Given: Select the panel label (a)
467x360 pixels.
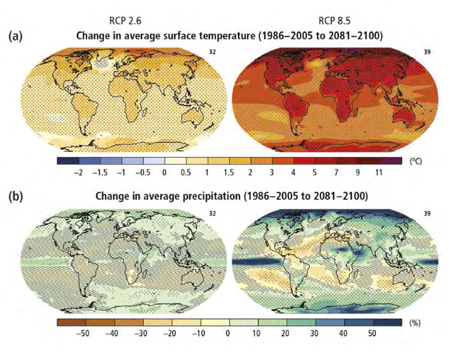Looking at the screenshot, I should [17, 37].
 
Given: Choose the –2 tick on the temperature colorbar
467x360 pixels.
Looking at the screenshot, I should [78, 172].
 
